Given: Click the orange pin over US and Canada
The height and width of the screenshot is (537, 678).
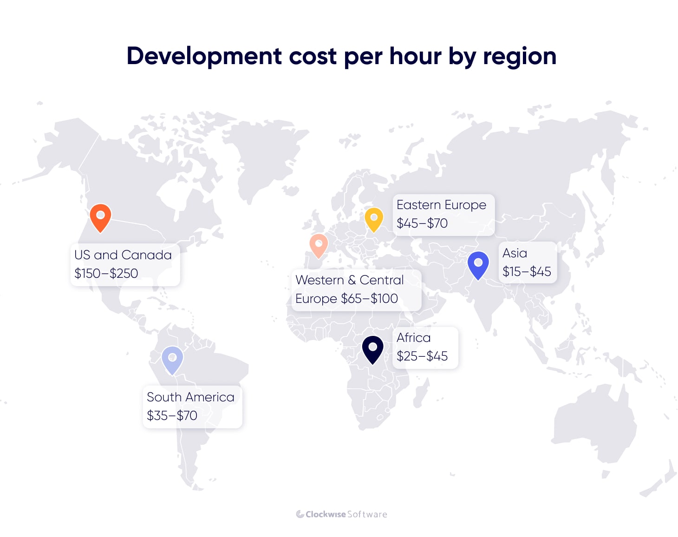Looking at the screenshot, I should [x=100, y=217].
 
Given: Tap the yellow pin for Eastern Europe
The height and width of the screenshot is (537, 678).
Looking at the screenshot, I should [x=374, y=219].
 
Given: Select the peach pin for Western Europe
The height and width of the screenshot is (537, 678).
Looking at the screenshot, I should [x=319, y=245].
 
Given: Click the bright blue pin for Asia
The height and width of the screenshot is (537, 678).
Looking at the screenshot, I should [x=478, y=264].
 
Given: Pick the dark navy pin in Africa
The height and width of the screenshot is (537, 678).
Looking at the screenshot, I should [x=372, y=349].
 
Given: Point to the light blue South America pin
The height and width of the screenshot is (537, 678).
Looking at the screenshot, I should [x=172, y=359].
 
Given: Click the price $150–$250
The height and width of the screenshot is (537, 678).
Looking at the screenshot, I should [x=106, y=273].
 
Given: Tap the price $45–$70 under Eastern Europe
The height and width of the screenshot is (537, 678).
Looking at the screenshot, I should [x=422, y=223].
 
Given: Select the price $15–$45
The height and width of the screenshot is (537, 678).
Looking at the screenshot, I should [x=527, y=272].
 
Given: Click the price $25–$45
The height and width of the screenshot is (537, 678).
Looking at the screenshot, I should [x=422, y=356].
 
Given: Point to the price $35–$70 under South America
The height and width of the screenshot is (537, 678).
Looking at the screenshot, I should [x=172, y=416].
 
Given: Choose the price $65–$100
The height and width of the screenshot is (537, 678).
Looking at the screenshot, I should [x=370, y=299].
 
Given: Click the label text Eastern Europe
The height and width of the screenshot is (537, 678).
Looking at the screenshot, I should [x=441, y=205].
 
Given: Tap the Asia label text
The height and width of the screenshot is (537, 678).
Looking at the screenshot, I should [x=515, y=253].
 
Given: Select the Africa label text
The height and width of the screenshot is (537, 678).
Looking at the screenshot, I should [x=413, y=338].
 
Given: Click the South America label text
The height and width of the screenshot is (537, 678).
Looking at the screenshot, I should [x=190, y=397].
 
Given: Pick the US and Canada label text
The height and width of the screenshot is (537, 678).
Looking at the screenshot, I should [x=123, y=255].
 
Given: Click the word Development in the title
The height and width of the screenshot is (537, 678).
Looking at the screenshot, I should [x=204, y=57].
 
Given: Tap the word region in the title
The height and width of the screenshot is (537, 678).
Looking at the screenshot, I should [x=519, y=57].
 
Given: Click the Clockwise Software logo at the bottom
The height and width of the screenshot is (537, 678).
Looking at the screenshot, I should [x=341, y=514].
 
